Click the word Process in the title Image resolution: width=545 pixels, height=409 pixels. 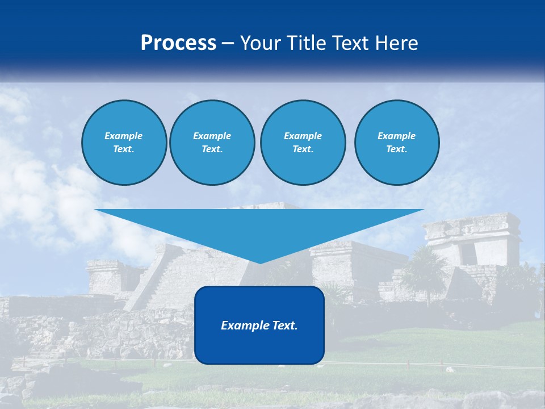pyautogui.click(x=178, y=43)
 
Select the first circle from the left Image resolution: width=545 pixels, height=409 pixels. pyautogui.click(x=124, y=142)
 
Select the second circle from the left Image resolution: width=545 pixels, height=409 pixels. pyautogui.click(x=212, y=142)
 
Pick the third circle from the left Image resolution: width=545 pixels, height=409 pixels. pyautogui.click(x=303, y=142)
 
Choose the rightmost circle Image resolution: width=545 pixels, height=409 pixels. pyautogui.click(x=396, y=142)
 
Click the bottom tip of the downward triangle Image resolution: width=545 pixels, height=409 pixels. pyautogui.click(x=260, y=262)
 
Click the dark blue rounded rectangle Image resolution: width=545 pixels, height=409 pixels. pyautogui.click(x=259, y=347)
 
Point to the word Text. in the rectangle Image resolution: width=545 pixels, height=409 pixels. pyautogui.click(x=284, y=325)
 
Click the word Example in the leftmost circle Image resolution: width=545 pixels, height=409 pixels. pyautogui.click(x=124, y=136)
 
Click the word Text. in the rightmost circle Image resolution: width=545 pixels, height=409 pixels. pyautogui.click(x=396, y=149)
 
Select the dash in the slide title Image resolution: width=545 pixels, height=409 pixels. pyautogui.click(x=228, y=43)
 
